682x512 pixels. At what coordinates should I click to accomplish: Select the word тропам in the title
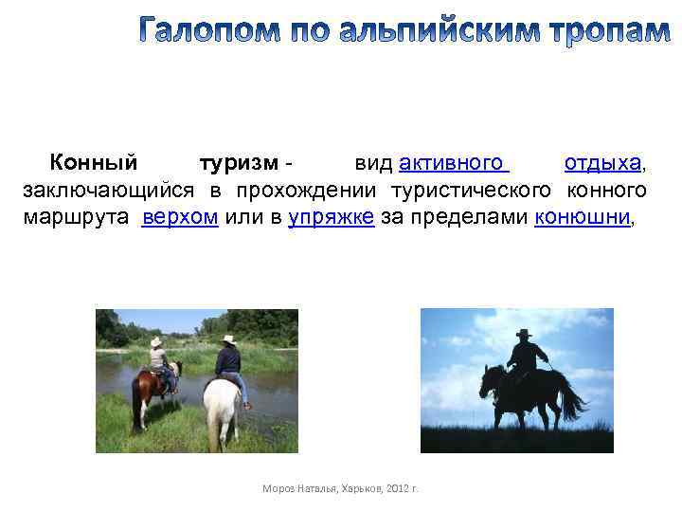tap(609, 31)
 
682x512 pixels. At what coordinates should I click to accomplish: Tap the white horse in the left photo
tap(223, 408)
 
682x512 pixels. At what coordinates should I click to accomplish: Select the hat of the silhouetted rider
tap(524, 333)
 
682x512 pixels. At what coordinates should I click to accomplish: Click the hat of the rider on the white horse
tap(227, 338)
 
